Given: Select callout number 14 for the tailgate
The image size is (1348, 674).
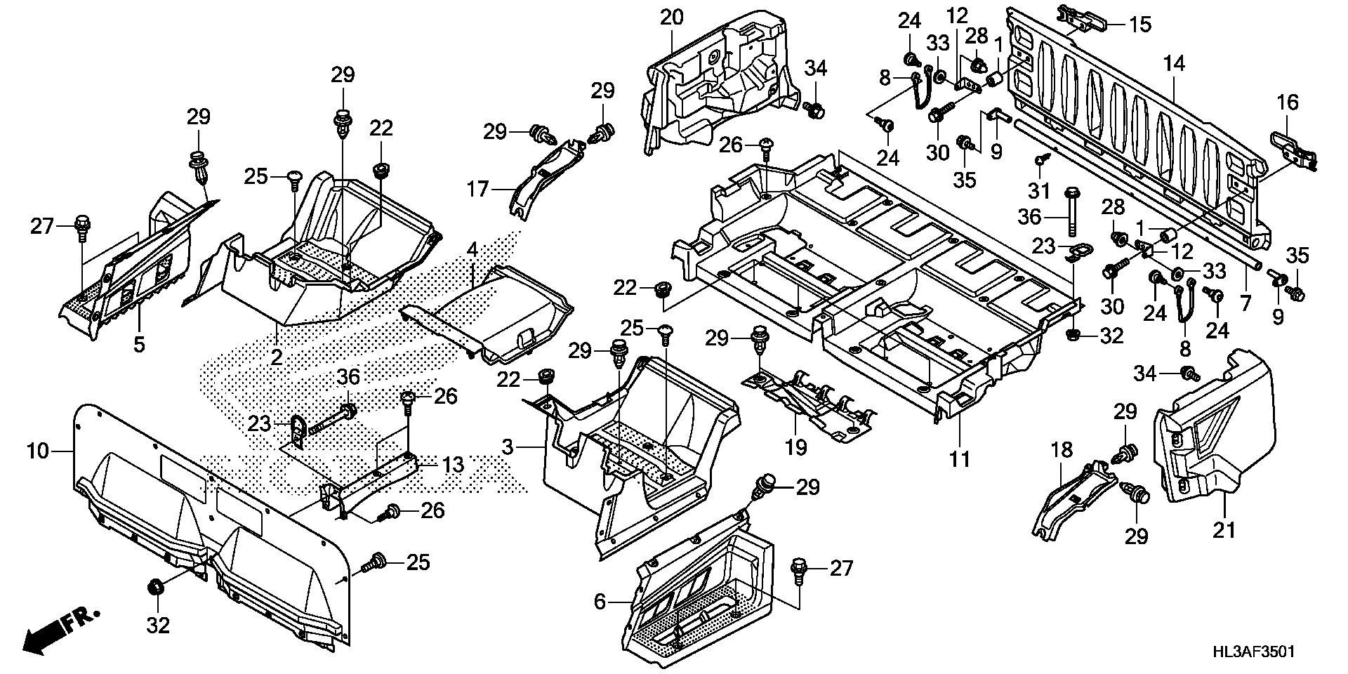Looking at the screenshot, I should pos(1173,64).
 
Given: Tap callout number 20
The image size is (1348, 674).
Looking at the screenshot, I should pos(671,18).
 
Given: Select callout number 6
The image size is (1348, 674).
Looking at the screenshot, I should pos(600,602).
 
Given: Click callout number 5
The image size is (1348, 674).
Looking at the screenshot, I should pos(139,345).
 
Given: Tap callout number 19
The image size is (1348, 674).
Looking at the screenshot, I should pos(796,447).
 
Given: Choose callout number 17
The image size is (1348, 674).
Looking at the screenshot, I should pos(477,190).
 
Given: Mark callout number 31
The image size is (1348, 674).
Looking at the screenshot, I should pos(1039,190).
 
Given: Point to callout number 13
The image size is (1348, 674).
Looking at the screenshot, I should pos(454,465).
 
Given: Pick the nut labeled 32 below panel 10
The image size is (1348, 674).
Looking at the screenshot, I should pos(157,587).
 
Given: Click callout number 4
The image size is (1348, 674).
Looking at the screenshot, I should pos(473,250).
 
